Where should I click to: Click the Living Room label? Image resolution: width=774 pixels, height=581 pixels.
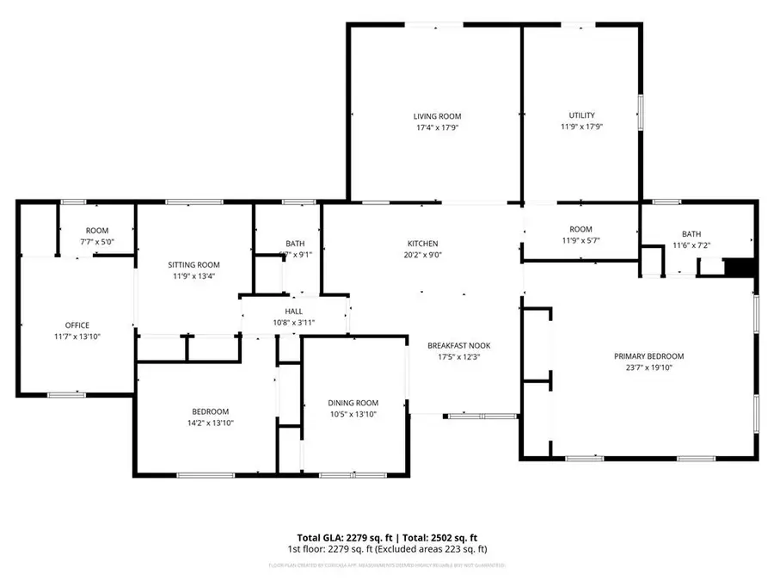(437, 116)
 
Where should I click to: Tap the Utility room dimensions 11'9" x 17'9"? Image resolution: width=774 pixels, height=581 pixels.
(581, 127)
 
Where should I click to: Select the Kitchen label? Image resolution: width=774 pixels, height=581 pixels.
(423, 244)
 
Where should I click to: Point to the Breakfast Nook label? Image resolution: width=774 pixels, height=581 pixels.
(458, 345)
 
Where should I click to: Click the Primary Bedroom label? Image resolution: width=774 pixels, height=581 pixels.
(648, 356)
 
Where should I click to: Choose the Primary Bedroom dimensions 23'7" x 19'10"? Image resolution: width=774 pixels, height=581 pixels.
(648, 368)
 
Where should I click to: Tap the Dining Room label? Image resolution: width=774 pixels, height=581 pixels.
(353, 403)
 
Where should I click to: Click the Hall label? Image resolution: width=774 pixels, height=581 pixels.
(294, 312)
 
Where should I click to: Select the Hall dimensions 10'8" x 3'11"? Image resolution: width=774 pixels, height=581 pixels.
(294, 323)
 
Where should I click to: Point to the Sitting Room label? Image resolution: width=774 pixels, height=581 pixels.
(193, 265)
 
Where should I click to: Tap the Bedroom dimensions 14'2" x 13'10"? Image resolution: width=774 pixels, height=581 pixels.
(205, 423)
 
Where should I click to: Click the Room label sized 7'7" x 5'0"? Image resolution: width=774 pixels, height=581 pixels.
(97, 231)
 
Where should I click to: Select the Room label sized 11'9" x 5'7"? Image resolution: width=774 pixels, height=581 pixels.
(580, 229)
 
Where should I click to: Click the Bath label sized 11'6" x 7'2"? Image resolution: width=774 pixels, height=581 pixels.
(691, 234)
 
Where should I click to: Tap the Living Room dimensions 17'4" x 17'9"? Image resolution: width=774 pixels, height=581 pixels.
(437, 127)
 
